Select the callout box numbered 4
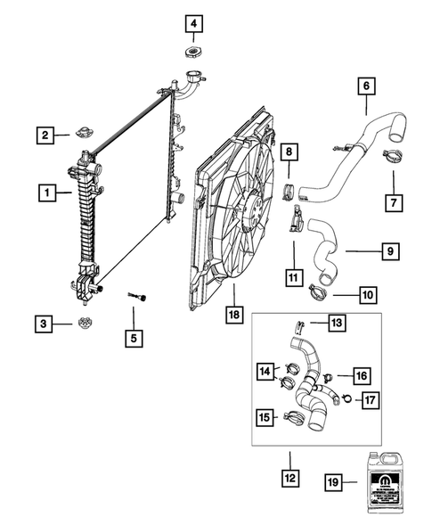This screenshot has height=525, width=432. click(x=193, y=21)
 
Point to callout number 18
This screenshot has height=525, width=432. click(x=233, y=315)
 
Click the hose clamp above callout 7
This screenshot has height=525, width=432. click(x=388, y=158)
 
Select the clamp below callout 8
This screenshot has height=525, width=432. click(x=290, y=188)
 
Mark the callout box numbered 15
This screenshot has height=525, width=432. click(x=265, y=416)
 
